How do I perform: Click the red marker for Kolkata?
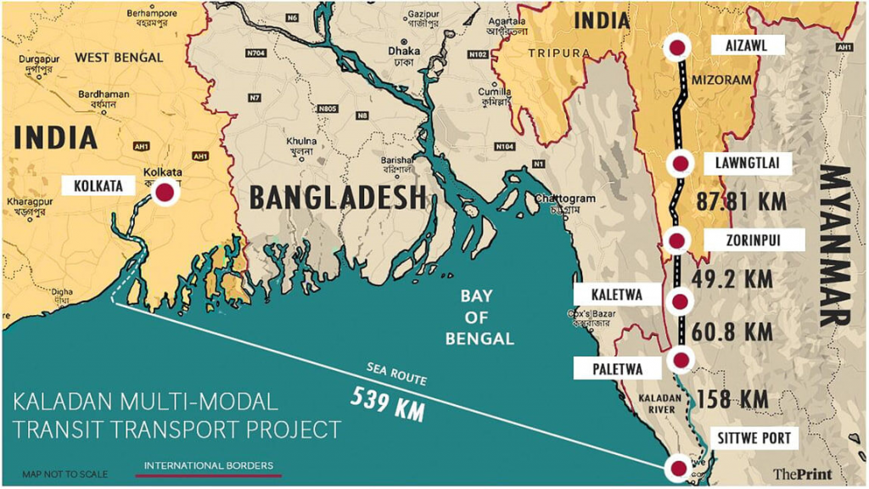point(164,193)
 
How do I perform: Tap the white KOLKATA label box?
point(98,185)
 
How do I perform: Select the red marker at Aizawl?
point(677,48)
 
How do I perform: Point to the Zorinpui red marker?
point(677,241)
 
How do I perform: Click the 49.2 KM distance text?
point(734,278)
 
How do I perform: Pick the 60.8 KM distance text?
point(733,331)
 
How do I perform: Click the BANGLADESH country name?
point(337,197)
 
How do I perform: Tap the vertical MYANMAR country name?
point(836,246)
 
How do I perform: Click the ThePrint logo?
point(801,474)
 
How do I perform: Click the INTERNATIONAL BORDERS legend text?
point(209,465)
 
